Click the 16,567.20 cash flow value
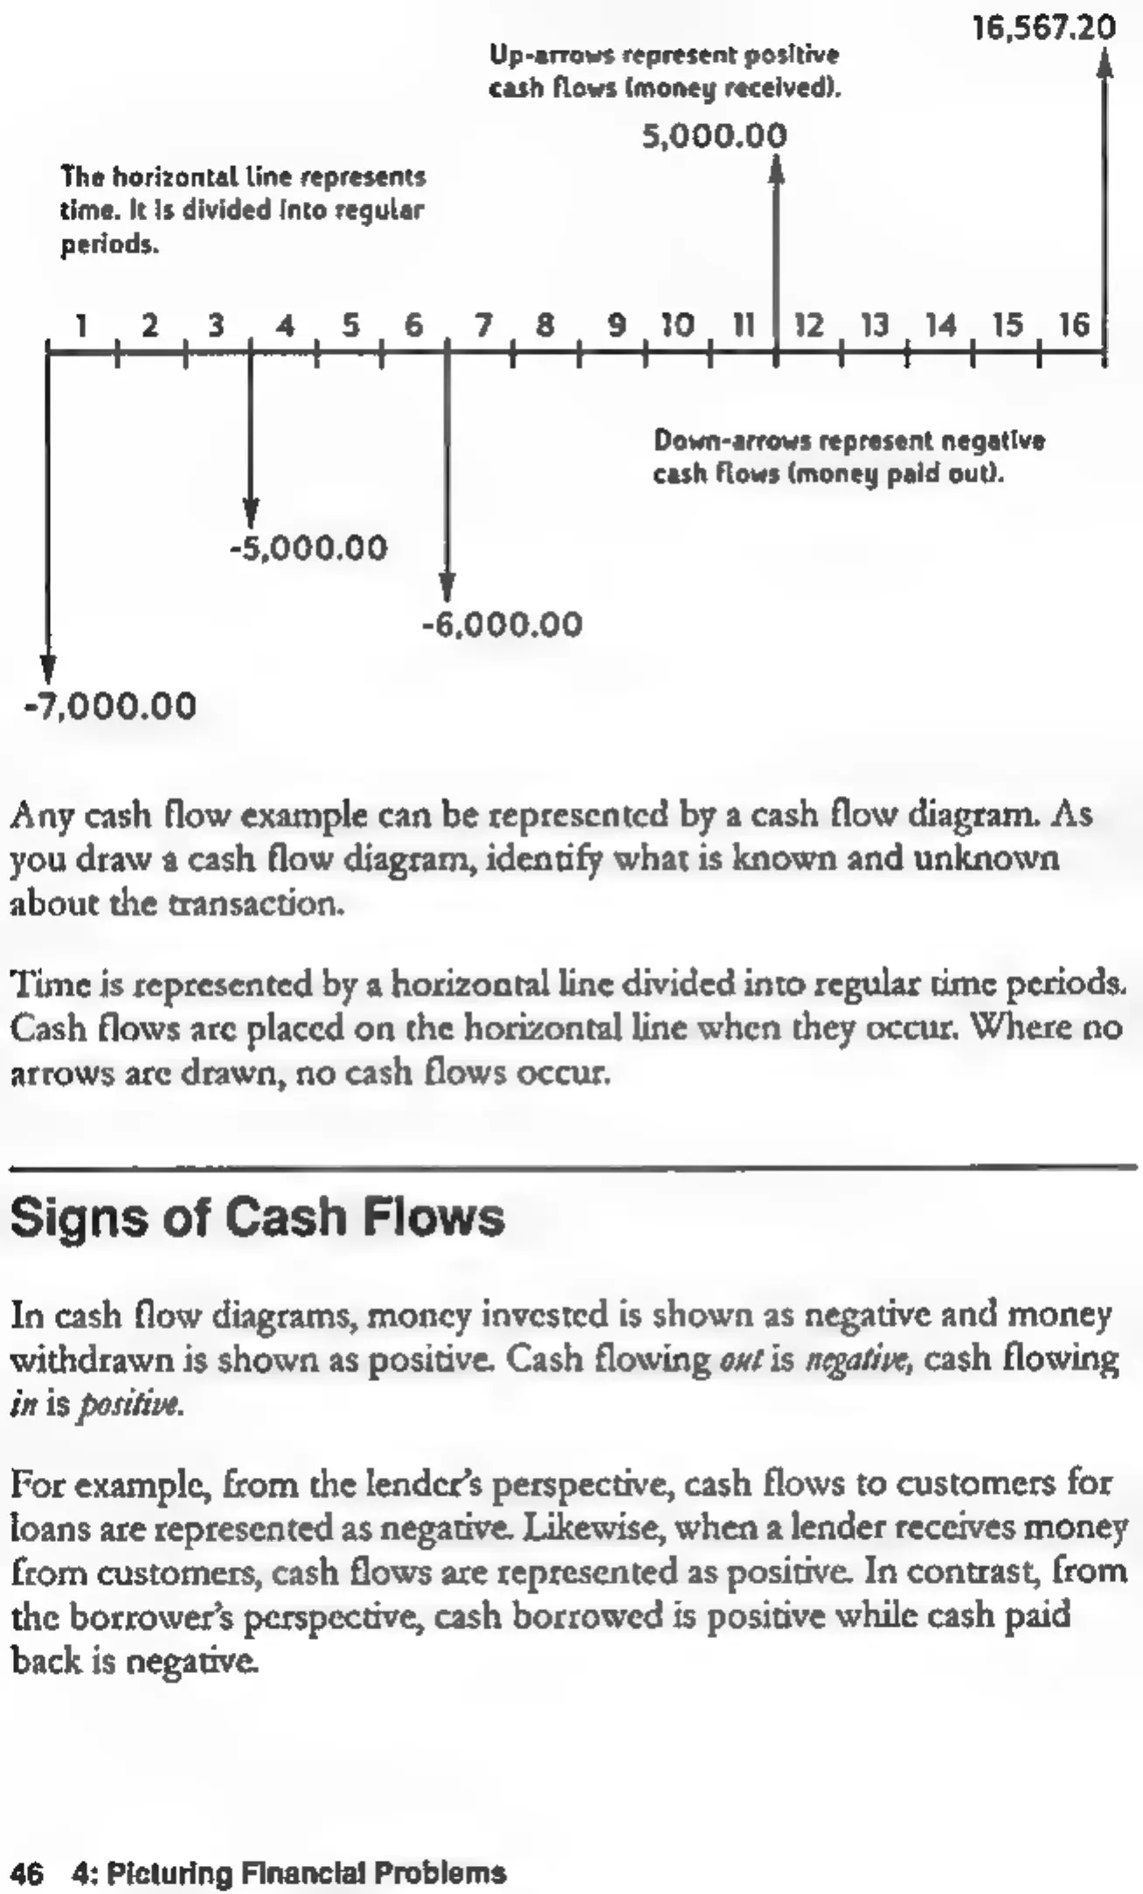(1044, 28)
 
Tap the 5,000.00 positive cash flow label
(714, 136)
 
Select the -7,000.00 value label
(110, 705)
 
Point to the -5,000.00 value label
(308, 548)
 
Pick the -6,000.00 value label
(502, 624)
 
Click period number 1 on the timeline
(81, 326)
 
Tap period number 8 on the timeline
(545, 326)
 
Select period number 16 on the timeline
(1074, 326)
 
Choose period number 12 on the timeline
(808, 326)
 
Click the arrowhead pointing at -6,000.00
(447, 587)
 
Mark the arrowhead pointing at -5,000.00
(251, 513)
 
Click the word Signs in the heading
(80, 1217)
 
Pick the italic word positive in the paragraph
(131, 1405)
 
